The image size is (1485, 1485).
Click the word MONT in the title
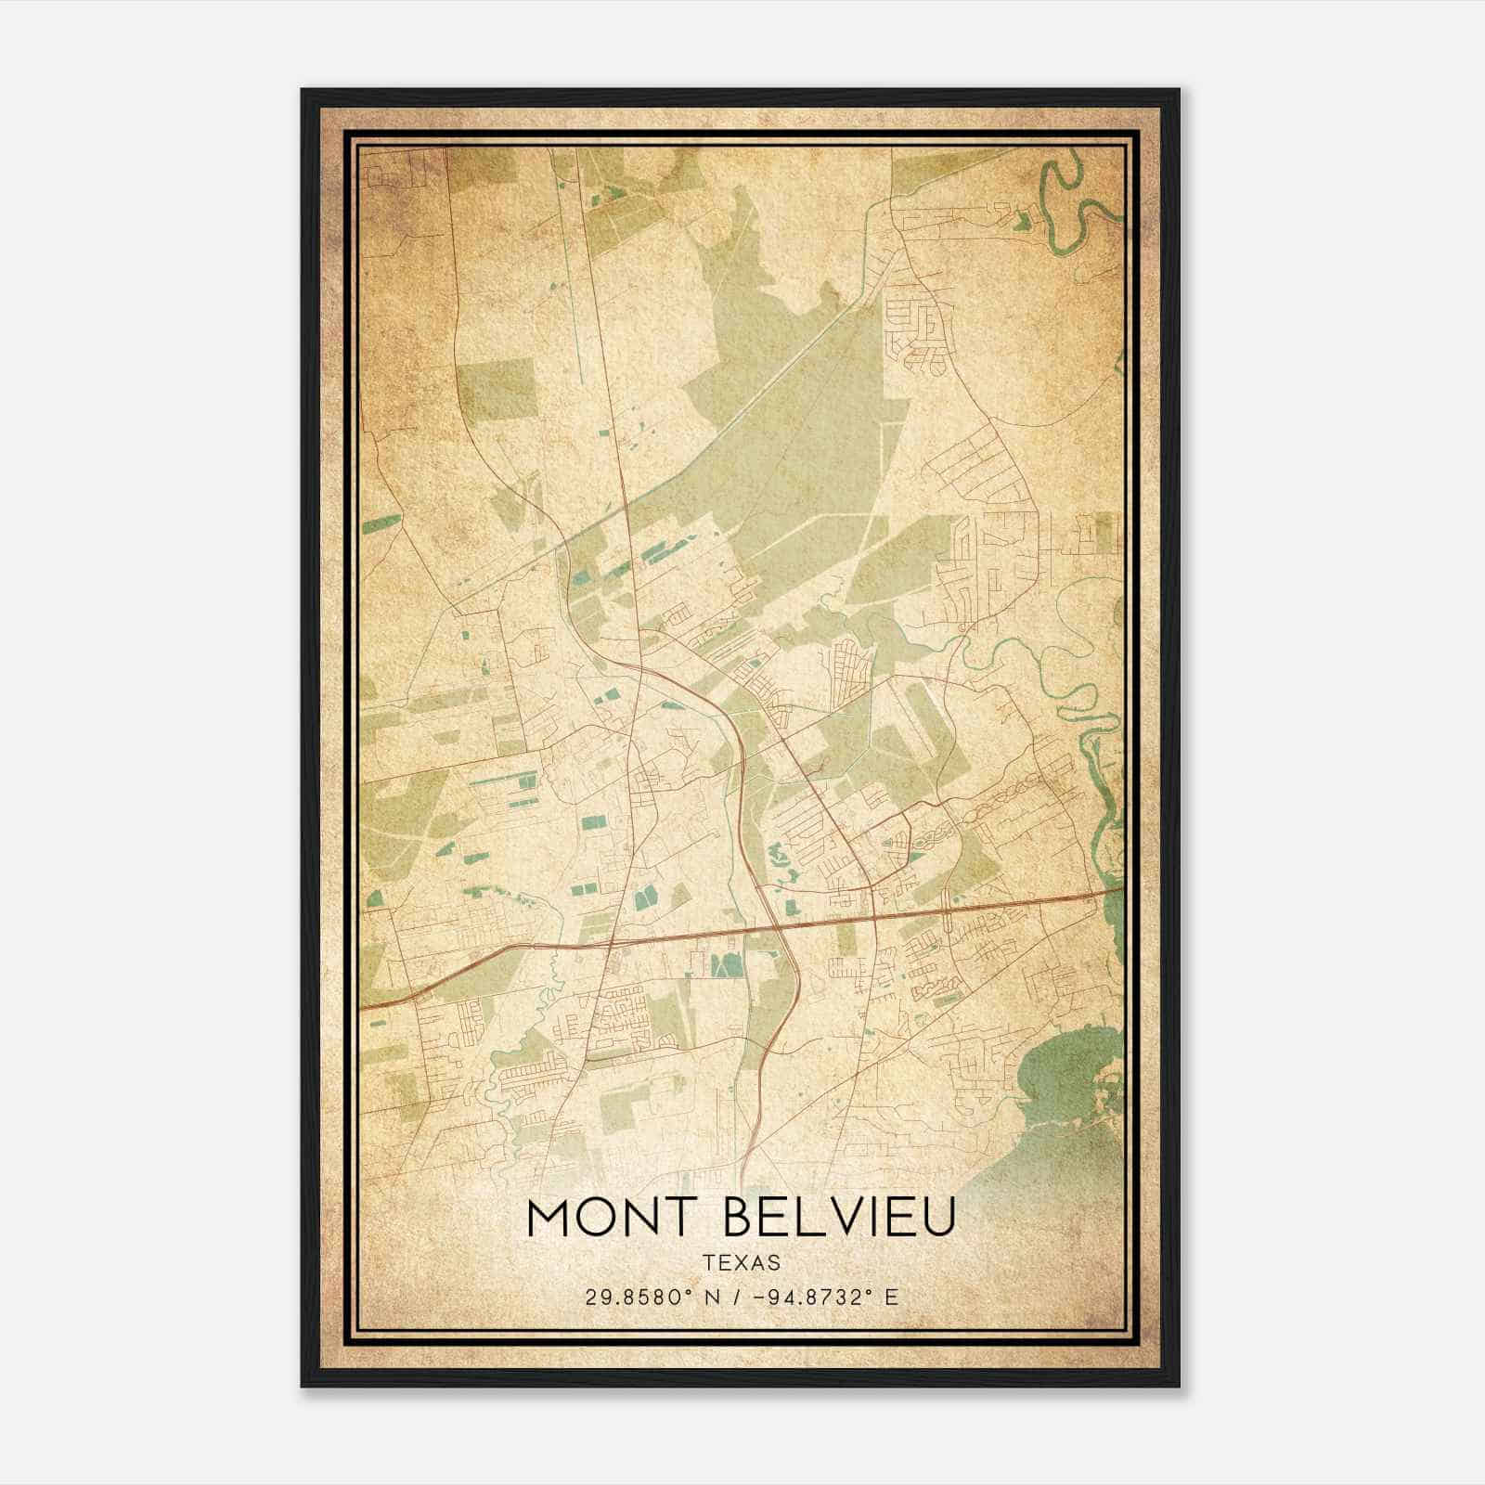[x=613, y=1218]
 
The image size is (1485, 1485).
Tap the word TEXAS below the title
[x=742, y=1263]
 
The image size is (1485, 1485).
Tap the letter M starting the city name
[x=548, y=1218]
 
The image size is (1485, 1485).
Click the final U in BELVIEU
[x=939, y=1218]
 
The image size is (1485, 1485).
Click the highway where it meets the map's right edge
[x=1120, y=890]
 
